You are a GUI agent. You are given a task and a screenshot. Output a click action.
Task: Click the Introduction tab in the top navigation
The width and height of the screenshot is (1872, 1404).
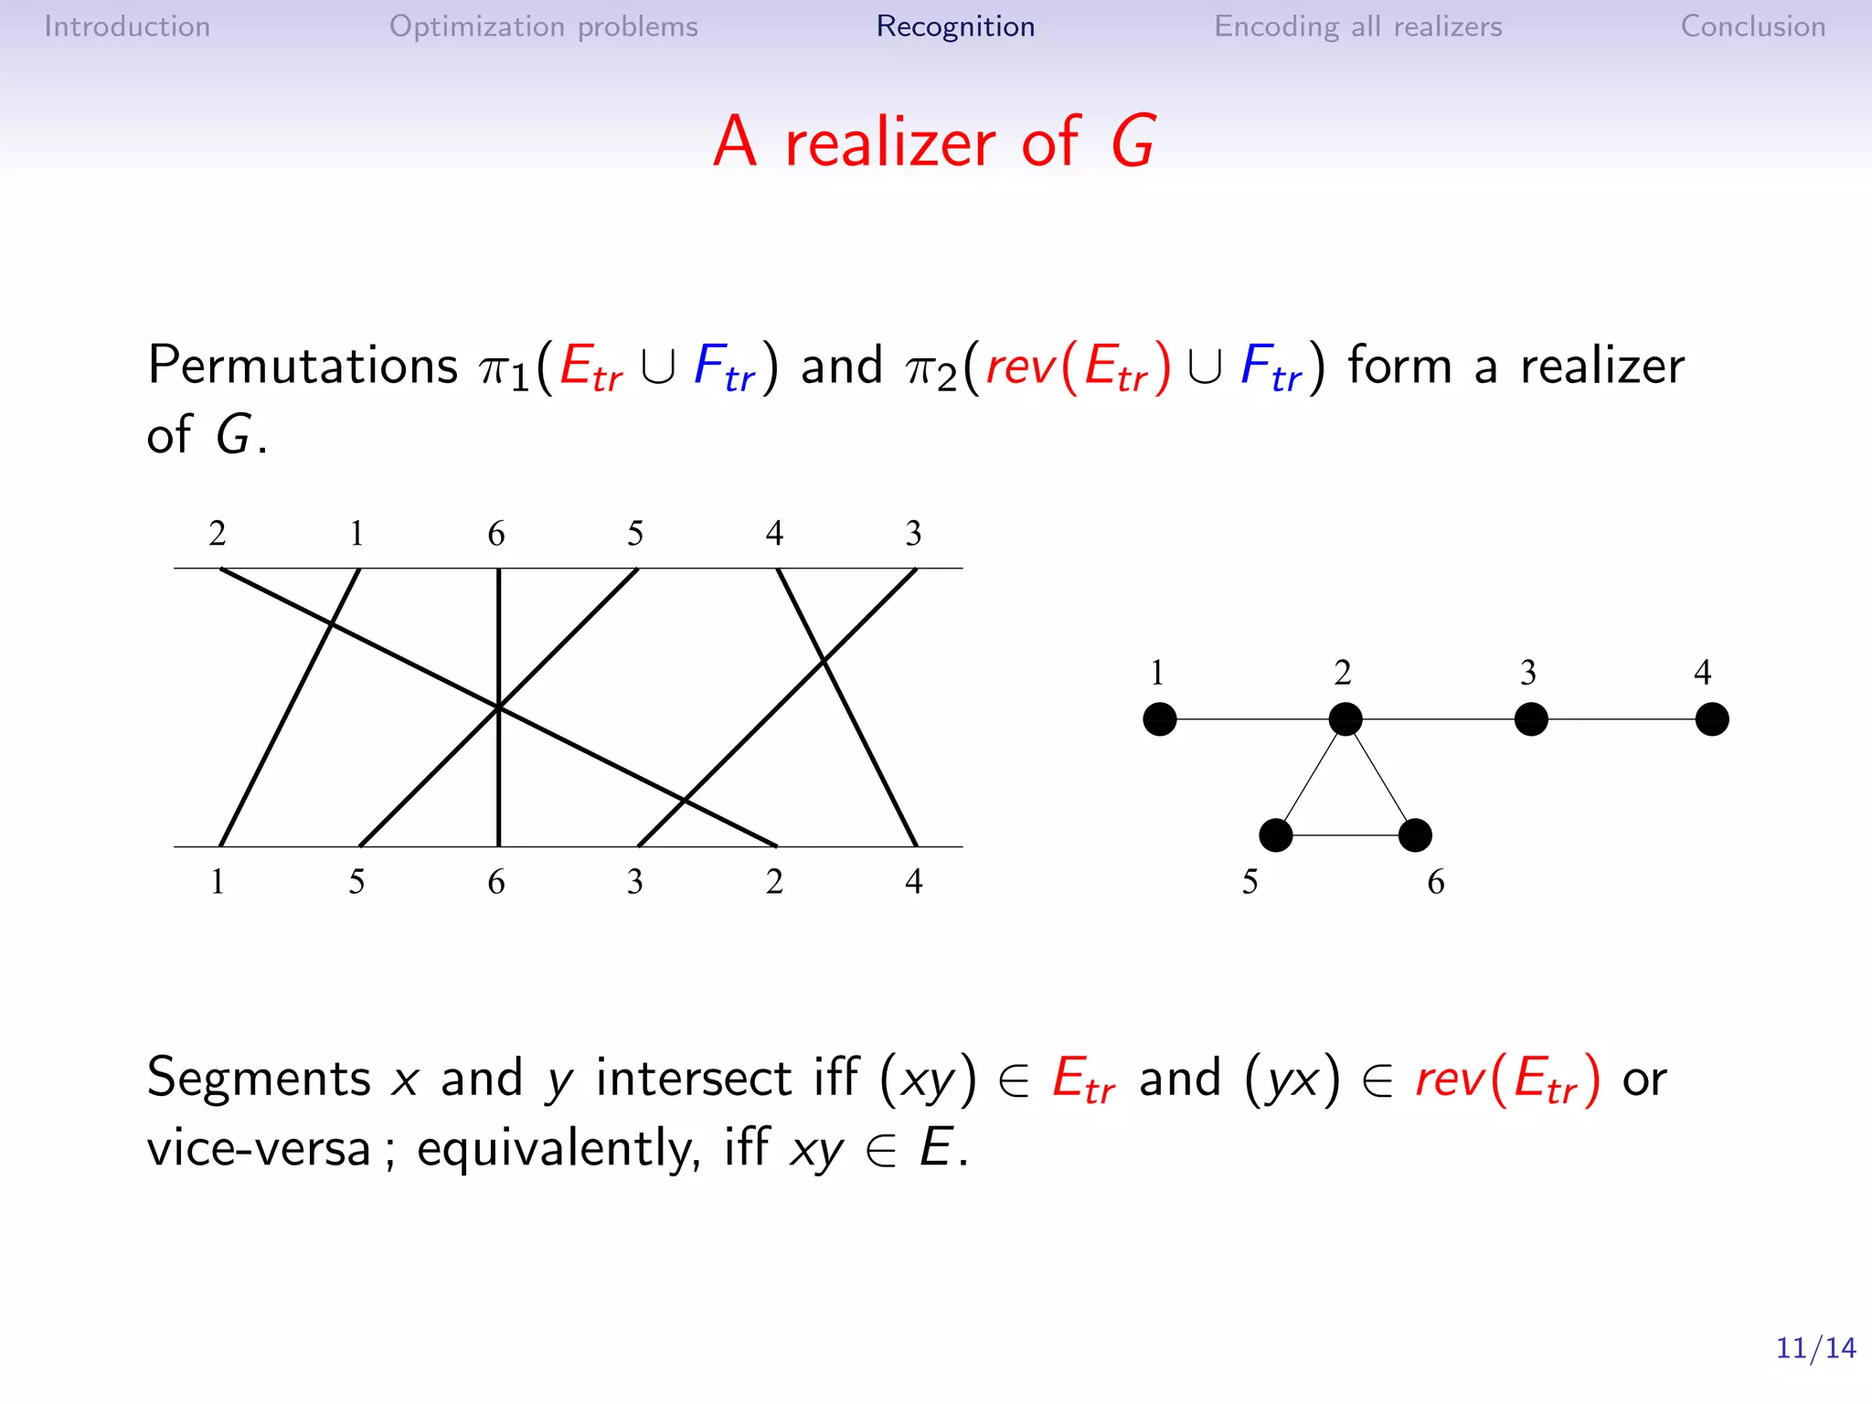coord(127,27)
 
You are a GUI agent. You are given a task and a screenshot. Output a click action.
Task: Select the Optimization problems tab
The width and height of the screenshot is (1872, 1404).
coord(543,27)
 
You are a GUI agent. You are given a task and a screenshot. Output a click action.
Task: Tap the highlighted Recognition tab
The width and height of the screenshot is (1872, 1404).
coord(955,27)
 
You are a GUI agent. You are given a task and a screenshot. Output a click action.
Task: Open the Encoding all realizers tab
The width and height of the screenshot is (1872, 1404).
coord(1357,27)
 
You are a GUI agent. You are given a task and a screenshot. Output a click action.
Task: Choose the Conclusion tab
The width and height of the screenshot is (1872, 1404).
coord(1752,27)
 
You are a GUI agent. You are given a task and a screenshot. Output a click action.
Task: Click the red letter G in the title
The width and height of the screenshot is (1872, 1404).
coord(1133,143)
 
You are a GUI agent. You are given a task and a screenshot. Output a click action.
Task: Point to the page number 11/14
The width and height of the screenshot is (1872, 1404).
coord(1815,1347)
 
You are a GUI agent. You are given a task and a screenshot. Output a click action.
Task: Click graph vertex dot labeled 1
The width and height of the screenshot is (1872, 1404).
coord(1160,719)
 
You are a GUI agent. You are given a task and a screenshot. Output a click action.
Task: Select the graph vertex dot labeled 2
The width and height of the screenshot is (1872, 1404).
coord(1345,719)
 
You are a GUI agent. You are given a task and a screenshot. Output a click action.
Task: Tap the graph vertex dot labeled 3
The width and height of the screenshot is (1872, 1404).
coord(1531,719)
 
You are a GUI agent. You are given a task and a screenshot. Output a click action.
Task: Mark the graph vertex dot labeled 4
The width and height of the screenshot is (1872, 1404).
coord(1712,719)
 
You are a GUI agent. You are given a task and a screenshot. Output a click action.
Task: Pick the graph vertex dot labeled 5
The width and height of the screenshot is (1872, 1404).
coord(1276,835)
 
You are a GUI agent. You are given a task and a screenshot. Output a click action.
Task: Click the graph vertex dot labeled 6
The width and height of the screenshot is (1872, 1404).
coord(1415,835)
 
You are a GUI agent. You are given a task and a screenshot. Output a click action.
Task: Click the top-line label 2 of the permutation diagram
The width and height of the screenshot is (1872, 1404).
coord(218,533)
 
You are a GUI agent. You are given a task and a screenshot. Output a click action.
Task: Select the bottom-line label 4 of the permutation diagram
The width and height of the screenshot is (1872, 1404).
coord(914,881)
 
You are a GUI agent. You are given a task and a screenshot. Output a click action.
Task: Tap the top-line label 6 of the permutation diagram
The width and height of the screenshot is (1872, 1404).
coord(496,533)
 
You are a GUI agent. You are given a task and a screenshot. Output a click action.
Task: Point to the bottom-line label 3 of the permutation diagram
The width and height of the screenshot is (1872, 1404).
coord(635,881)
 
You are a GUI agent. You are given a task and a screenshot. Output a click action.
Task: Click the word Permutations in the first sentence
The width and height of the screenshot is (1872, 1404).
coord(303,366)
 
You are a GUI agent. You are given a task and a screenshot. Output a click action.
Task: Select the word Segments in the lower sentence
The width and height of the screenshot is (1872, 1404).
coord(259,1078)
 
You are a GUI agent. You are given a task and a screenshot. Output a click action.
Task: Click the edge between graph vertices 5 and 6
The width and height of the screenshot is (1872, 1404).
coord(1345,835)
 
